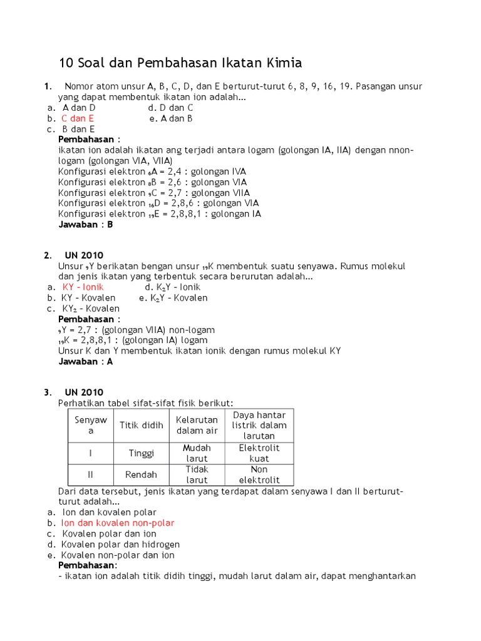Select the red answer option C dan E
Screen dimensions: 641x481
[78, 118]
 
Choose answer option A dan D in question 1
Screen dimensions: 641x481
[79, 108]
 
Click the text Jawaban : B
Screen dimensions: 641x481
[86, 224]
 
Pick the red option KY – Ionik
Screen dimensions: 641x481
[83, 287]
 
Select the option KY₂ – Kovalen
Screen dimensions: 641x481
[91, 309]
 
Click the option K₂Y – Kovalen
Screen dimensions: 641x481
[173, 298]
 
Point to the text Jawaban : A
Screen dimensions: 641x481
[86, 361]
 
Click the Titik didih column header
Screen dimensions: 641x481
[142, 426]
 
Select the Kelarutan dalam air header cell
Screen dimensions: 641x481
[197, 426]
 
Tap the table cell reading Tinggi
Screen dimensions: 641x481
[142, 453]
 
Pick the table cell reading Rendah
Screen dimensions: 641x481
[142, 474]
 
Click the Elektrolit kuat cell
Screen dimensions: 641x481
[259, 453]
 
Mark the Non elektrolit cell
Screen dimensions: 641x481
[259, 474]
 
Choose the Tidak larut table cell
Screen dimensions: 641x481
[197, 474]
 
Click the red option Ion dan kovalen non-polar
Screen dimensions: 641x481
[118, 523]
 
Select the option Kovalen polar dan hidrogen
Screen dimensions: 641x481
[120, 545]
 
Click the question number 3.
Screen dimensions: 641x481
[47, 392]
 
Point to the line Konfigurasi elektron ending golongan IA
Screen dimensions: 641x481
[160, 213]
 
